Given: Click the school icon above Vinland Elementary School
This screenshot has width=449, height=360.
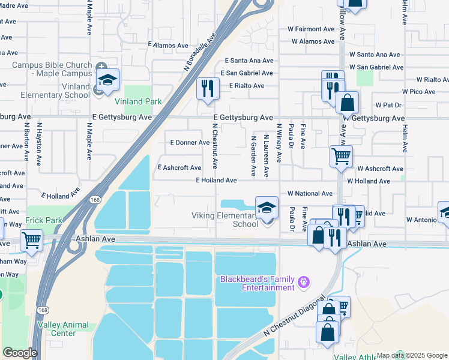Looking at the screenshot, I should [x=107, y=80].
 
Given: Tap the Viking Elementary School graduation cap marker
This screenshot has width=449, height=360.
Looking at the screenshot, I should [x=267, y=208].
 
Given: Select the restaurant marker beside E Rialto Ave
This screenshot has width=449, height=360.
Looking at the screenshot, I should [x=208, y=89].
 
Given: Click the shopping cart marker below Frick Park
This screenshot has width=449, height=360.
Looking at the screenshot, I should [x=31, y=241].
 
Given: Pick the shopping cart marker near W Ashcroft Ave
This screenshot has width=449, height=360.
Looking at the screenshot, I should [x=341, y=157].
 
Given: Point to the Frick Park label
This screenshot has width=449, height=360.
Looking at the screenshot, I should [x=44, y=220].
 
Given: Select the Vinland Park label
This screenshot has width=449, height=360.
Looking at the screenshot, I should [x=138, y=101].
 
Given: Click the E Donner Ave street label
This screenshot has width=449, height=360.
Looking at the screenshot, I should [x=190, y=143].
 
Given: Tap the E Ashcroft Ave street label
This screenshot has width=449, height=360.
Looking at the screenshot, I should [x=179, y=168].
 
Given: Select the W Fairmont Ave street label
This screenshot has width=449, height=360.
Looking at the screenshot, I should [x=311, y=29].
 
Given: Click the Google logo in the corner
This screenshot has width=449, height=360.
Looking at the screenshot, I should [x=19, y=353].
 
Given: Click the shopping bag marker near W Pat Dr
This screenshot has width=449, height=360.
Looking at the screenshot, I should [x=347, y=103].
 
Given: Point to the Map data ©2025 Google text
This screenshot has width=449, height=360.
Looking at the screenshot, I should [x=412, y=355].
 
